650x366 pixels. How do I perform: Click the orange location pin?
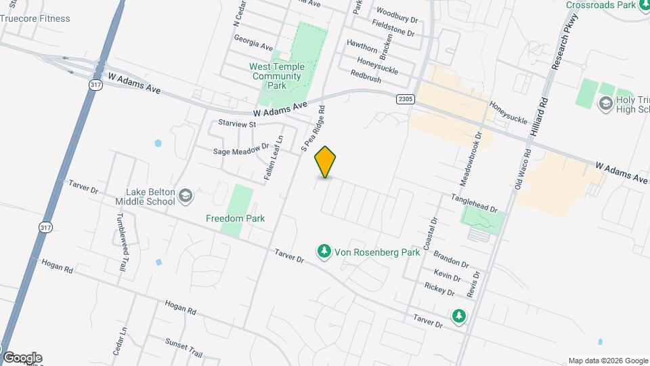point(326,161)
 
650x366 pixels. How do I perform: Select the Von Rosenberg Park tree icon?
point(324,252)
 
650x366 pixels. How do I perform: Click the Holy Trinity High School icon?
point(606,102)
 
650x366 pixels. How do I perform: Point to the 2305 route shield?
point(405,99)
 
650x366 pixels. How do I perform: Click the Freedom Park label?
point(235,218)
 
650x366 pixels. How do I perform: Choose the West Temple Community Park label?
point(276,76)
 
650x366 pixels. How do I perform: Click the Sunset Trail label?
point(185,350)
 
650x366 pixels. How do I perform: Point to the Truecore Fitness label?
point(35,18)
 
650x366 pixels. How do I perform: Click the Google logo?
point(22,358)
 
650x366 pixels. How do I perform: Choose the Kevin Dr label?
point(447,277)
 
